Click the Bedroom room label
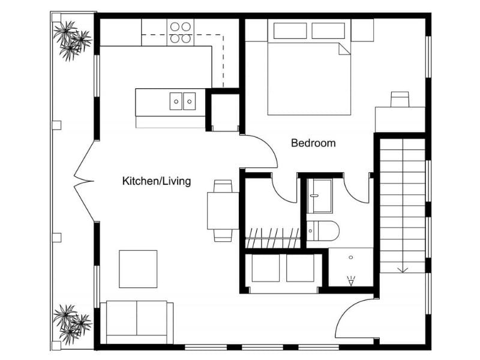click(313, 143)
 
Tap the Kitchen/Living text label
click(157, 181)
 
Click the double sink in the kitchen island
click(182, 101)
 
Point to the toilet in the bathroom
click(323, 230)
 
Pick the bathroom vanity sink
click(320, 196)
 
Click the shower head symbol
click(351, 279)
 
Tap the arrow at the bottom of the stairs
click(403, 268)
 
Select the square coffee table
click(138, 269)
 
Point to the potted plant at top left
click(71, 40)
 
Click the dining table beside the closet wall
click(223, 210)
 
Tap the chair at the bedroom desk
click(400, 99)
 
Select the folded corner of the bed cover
click(344, 49)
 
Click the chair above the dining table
click(223, 186)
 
